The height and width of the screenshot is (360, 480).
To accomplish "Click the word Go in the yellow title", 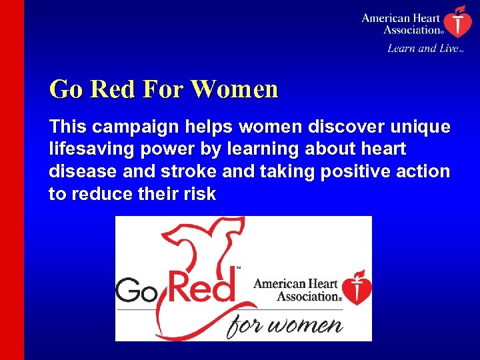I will pos(65,89).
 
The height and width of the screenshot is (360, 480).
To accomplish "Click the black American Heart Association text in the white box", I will pos(297,290).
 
